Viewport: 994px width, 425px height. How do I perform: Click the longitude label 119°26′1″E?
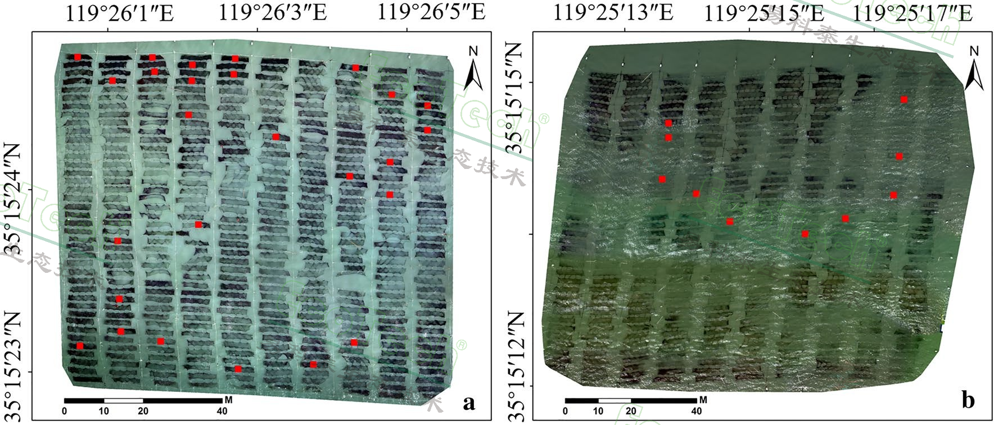(x=119, y=12)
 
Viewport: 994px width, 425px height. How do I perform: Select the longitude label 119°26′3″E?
(x=273, y=12)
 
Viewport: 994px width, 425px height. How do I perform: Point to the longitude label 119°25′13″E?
(x=613, y=12)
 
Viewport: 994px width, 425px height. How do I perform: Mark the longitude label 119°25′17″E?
(x=912, y=12)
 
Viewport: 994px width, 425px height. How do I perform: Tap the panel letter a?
(x=468, y=402)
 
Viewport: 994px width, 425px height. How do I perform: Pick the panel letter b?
(x=968, y=400)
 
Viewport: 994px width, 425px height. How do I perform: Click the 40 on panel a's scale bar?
(x=222, y=412)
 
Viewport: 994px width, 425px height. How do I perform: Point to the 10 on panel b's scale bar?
(x=598, y=412)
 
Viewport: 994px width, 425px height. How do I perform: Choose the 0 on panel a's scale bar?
(x=65, y=412)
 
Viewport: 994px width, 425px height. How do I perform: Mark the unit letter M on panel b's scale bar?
(x=703, y=400)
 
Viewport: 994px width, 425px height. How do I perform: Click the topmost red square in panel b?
(x=904, y=100)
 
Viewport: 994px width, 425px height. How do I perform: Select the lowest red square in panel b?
(x=805, y=234)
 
